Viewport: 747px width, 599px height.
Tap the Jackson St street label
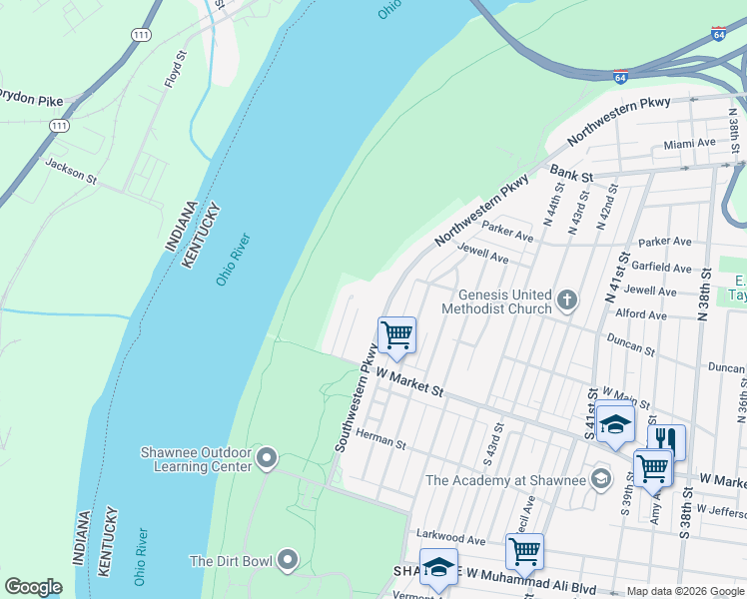70,170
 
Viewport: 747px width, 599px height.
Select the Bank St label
572,175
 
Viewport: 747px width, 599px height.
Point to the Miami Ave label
690,144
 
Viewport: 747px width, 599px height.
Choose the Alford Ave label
641,314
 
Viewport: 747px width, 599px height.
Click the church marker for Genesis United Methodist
567,300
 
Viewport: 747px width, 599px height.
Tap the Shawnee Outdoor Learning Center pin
266,458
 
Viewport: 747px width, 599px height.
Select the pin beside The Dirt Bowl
288,560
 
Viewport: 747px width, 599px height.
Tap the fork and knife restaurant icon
666,439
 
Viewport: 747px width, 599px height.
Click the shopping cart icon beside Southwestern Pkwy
396,334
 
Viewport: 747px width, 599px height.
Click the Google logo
34,587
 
